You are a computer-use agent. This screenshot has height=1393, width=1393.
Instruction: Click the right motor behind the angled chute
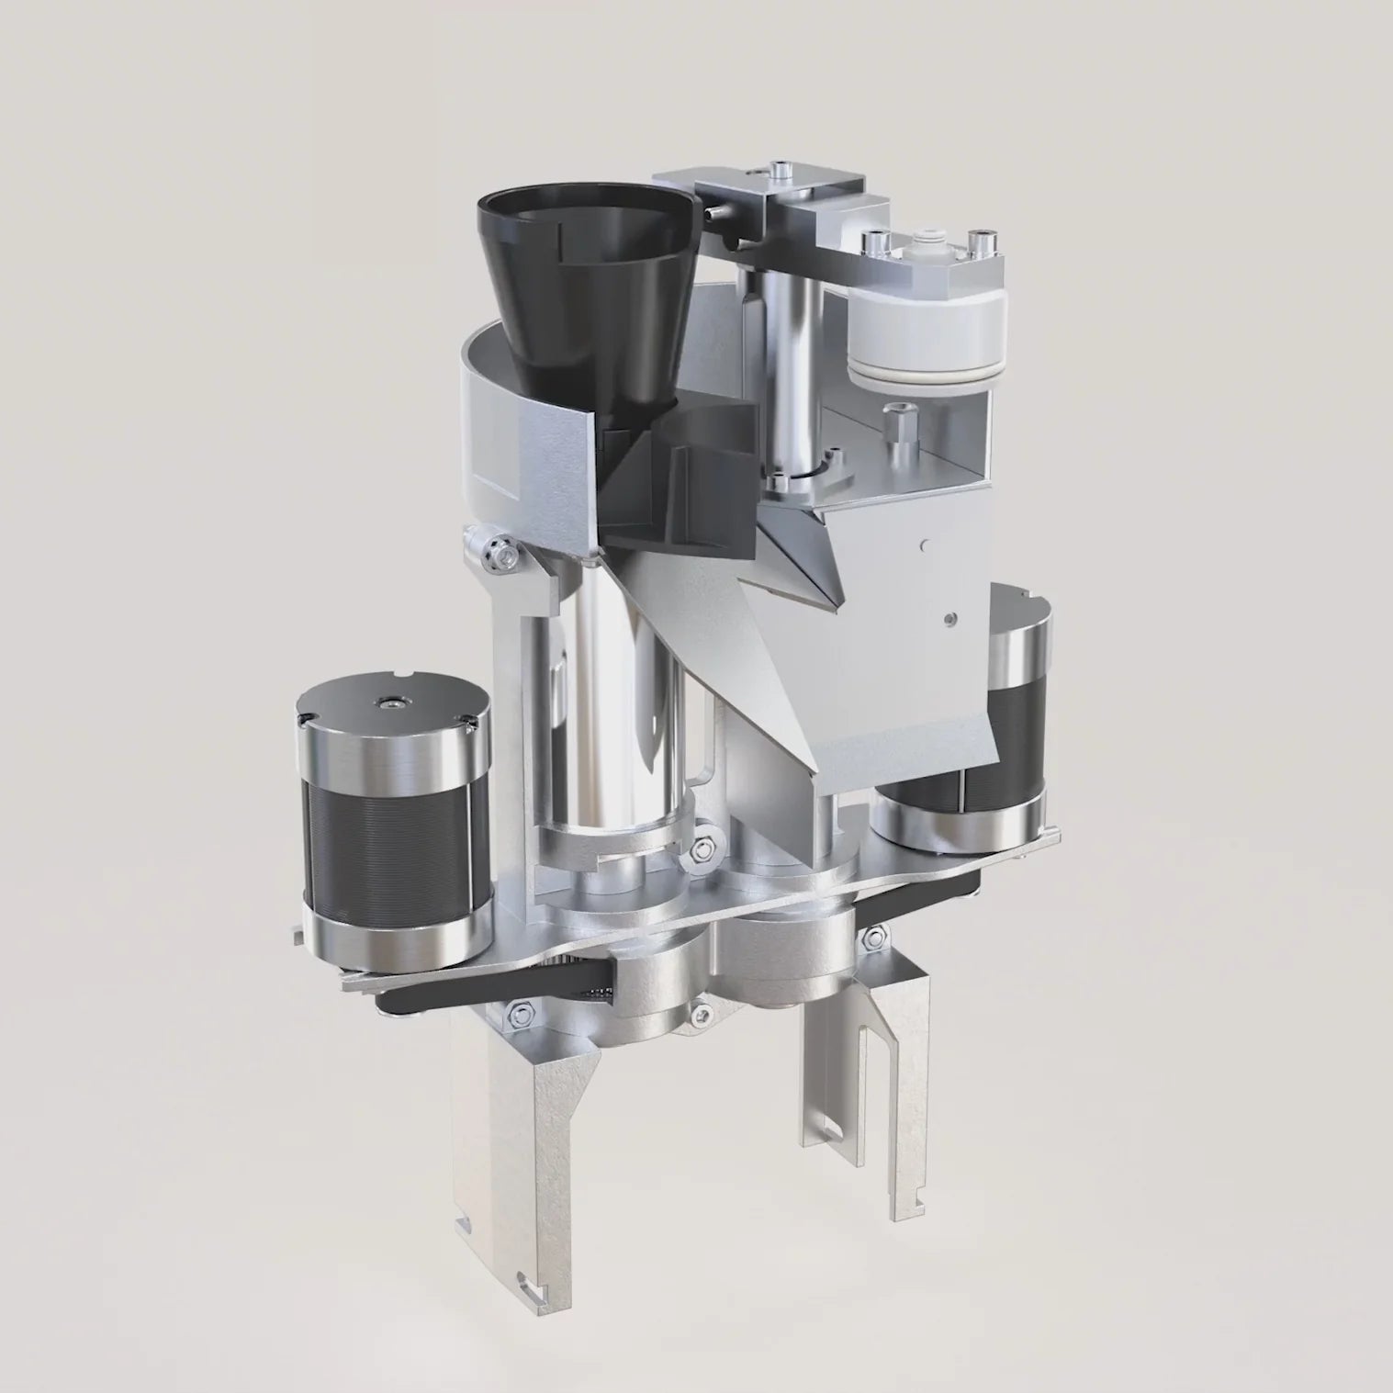coord(1010,716)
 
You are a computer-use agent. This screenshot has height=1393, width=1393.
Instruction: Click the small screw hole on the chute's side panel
coord(949,621)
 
